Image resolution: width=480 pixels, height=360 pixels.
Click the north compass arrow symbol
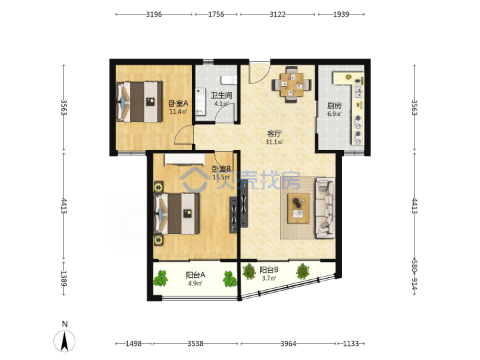pyautogui.click(x=64, y=341)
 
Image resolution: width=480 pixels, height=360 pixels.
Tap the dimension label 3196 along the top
pyautogui.click(x=154, y=14)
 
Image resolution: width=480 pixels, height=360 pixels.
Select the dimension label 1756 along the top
pyautogui.click(x=216, y=14)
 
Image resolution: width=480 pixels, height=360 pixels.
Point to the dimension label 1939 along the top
pyautogui.click(x=341, y=14)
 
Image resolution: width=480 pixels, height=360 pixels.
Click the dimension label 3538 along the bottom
pyautogui.click(x=195, y=344)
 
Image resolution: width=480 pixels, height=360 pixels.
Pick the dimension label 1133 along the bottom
pyautogui.click(x=351, y=344)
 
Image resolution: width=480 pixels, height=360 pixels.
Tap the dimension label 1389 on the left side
pyautogui.click(x=64, y=278)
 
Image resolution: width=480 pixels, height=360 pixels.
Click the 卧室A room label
pyautogui.click(x=179, y=103)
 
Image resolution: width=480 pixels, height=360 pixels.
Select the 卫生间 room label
pyautogui.click(x=221, y=95)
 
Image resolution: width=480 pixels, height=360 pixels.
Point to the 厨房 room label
pyautogui.click(x=334, y=106)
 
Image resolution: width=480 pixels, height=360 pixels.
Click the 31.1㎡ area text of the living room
pyautogui.click(x=274, y=142)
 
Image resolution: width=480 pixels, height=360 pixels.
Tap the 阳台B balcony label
pyautogui.click(x=269, y=270)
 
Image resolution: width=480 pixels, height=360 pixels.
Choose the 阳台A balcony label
pyautogui.click(x=195, y=275)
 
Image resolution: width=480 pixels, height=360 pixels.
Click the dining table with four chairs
pyautogui.click(x=291, y=84)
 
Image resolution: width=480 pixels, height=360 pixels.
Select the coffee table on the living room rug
pyautogui.click(x=299, y=208)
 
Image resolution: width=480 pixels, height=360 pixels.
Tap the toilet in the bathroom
pyautogui.click(x=229, y=79)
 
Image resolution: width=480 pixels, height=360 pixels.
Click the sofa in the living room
pyautogui.click(x=325, y=208)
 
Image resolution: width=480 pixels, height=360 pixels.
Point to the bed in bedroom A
pyautogui.click(x=139, y=101)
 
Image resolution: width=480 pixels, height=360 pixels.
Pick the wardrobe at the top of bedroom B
pyautogui.click(x=185, y=160)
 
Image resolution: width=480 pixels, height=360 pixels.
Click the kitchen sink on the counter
pyautogui.click(x=357, y=91)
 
